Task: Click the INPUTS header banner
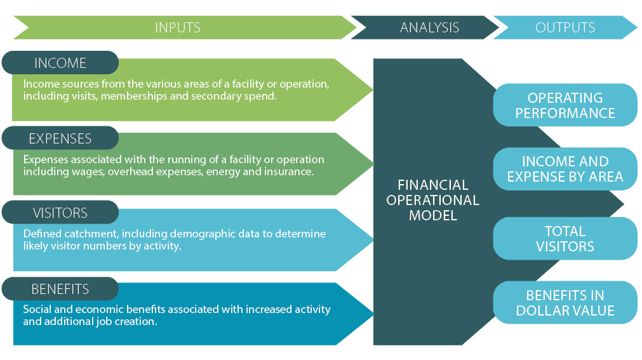point(184,27)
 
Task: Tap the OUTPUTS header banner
point(565,27)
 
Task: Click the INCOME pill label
point(60,63)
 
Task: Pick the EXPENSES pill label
point(60,138)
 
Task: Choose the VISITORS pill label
point(60,213)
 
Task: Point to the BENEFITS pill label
point(60,289)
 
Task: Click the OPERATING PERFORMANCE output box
point(565,105)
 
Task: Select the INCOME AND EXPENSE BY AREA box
point(565,169)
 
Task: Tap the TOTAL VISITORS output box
point(565,238)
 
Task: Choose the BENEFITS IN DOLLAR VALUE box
point(565,303)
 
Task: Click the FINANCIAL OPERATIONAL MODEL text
point(433,200)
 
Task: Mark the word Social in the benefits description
point(35,309)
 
